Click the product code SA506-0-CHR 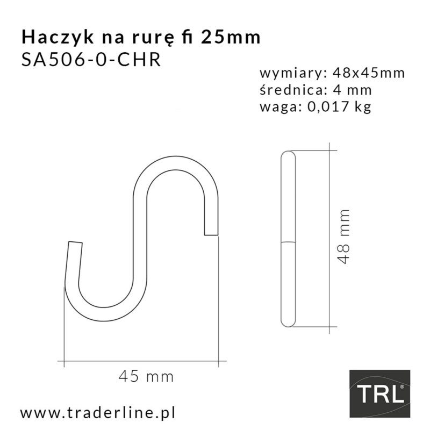90,59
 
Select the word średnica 286,90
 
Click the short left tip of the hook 75,244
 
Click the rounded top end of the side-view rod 288,154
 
